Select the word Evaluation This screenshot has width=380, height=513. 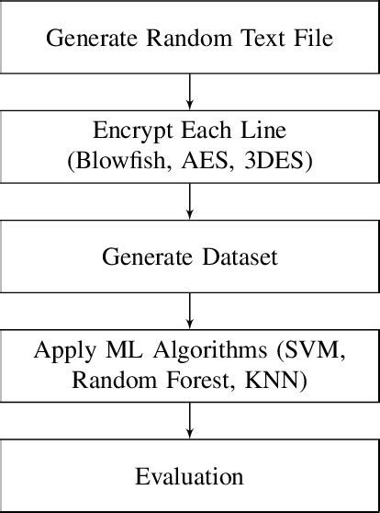click(189, 476)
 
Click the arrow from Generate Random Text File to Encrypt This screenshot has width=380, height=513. click(189, 92)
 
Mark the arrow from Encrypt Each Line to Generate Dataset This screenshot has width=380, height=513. click(189, 201)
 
